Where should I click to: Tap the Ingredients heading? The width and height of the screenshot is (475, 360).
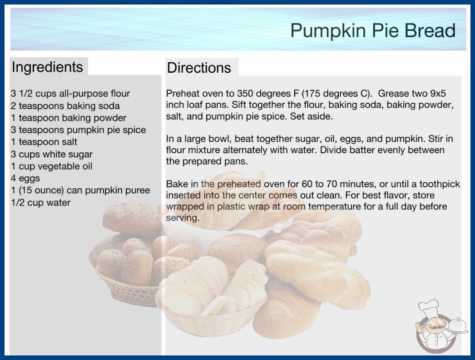click(x=47, y=67)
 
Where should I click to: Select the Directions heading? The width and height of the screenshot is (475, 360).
click(x=199, y=68)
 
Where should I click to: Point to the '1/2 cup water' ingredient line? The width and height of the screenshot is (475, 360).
click(x=40, y=203)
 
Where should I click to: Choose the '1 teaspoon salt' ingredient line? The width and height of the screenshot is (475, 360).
click(x=44, y=142)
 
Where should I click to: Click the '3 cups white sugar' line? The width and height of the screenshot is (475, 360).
click(x=52, y=154)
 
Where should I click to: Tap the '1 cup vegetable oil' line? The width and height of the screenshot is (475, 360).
click(x=51, y=166)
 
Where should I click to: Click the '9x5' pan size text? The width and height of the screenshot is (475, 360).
click(x=438, y=94)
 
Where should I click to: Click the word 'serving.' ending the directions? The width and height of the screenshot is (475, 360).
click(x=183, y=218)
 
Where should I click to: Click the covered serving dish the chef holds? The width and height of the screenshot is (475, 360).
click(x=458, y=325)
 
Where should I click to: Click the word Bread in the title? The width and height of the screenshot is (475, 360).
click(x=430, y=30)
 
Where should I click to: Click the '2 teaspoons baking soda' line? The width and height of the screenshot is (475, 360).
click(x=65, y=106)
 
